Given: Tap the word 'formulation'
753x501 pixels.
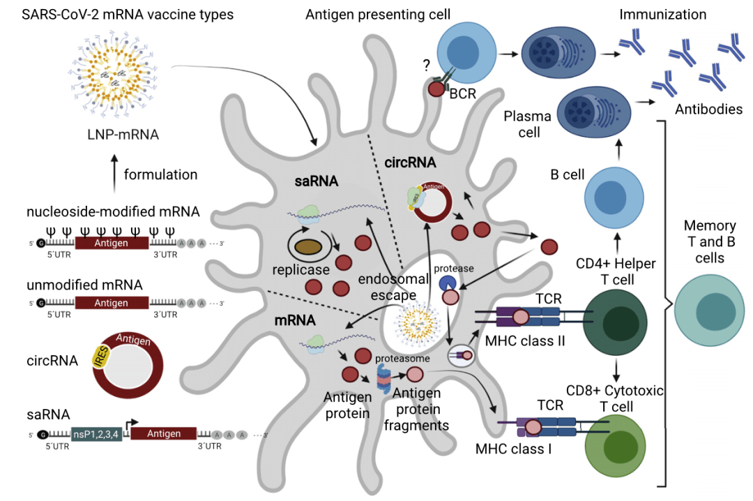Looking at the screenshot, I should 160,174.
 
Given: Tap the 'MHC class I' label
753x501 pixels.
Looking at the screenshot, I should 514,448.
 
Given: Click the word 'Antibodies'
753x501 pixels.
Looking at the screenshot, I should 708,110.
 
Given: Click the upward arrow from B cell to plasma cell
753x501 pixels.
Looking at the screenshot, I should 617,148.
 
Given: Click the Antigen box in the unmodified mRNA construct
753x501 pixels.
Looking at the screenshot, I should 112,304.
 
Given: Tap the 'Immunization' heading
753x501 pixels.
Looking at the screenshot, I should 662,14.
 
